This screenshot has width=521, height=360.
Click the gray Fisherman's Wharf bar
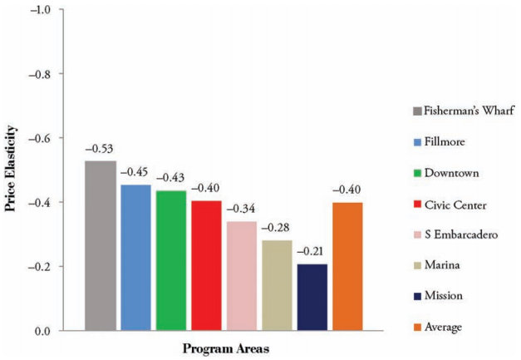(100, 246)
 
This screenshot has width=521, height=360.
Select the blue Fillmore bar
(135, 258)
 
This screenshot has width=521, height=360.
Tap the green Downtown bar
(171, 261)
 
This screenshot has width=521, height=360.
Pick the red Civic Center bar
(207, 266)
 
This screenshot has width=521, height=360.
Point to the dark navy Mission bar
(312, 297)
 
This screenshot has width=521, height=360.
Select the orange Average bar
(348, 266)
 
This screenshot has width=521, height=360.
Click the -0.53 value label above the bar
(100, 150)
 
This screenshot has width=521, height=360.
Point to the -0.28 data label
(278, 228)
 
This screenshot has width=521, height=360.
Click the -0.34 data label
(242, 209)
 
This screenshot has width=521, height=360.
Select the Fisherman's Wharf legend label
(464, 111)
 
